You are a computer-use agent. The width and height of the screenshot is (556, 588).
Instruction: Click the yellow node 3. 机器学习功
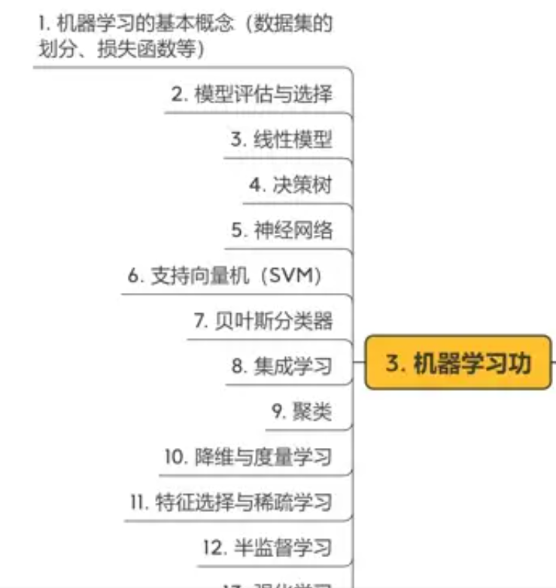tap(458, 363)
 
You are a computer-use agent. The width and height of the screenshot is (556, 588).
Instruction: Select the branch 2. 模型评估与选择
tap(251, 95)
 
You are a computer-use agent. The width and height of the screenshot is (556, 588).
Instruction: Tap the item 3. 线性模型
tap(281, 140)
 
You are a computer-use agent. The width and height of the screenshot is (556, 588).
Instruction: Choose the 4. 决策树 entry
tap(290, 185)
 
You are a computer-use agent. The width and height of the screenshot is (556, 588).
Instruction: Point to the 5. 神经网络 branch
tap(281, 230)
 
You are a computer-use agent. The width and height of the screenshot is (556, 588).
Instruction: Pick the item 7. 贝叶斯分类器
tap(263, 321)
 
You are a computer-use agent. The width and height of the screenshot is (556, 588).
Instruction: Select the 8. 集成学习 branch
tap(281, 367)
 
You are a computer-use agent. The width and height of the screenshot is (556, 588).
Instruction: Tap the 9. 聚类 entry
tap(302, 412)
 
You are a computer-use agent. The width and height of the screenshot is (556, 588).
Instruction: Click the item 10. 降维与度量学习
tap(248, 457)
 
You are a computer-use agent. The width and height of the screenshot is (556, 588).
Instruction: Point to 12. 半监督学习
tap(266, 547)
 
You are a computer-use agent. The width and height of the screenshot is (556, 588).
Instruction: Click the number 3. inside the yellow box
tap(396, 363)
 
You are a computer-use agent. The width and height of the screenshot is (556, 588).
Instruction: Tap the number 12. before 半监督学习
tap(212, 547)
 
